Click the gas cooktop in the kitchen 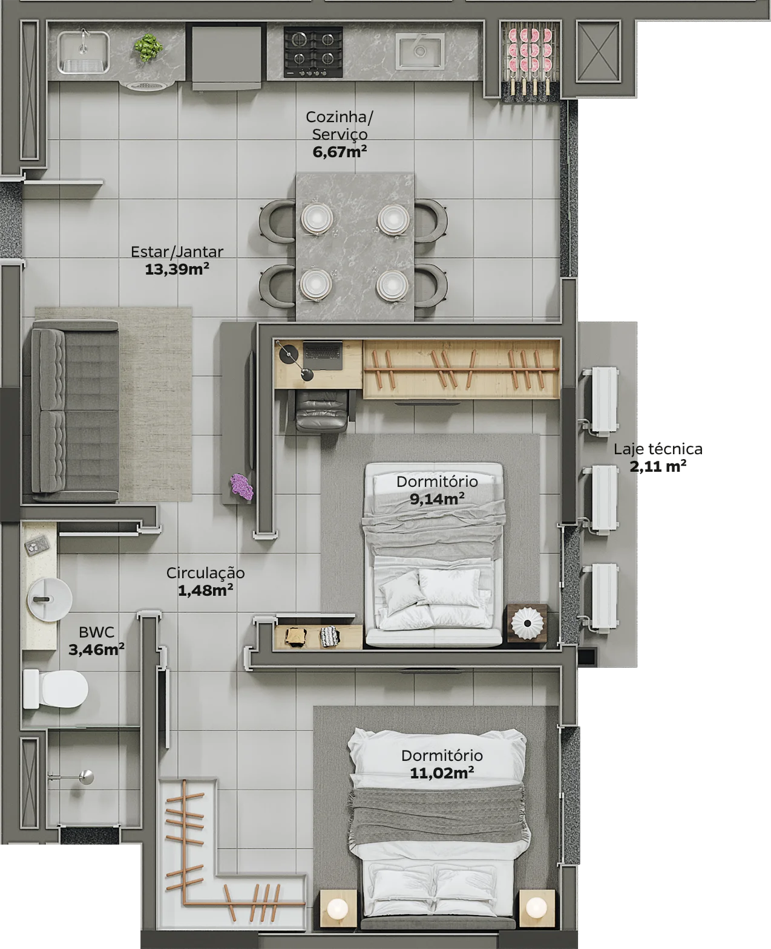(313, 51)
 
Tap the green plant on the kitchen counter (148, 47)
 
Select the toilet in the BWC (55, 688)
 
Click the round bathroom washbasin (50, 599)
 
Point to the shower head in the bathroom (85, 777)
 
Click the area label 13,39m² (177, 270)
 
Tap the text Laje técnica (658, 449)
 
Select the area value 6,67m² (340, 152)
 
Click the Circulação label (205, 573)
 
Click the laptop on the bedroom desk (323, 356)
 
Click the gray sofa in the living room (75, 410)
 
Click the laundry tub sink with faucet (84, 52)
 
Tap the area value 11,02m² (442, 773)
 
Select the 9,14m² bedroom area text (437, 499)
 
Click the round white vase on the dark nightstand (527, 622)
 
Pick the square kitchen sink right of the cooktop (420, 51)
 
